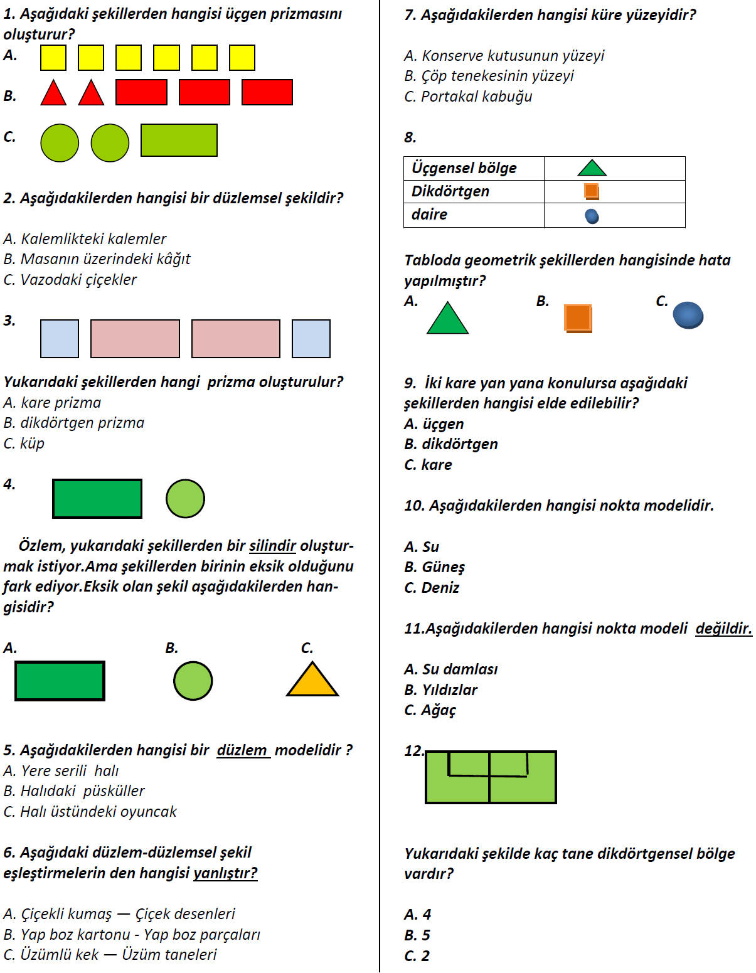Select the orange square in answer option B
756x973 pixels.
578,317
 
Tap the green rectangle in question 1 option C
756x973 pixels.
179,140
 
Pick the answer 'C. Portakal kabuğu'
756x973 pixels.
468,97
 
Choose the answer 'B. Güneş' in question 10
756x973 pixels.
434,567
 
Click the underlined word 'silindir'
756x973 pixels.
272,546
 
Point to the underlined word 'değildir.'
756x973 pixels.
723,629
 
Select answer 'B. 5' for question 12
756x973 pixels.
417,935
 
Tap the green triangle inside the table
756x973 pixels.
592,168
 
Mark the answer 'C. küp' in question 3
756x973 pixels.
24,444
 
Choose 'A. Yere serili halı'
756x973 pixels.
61,771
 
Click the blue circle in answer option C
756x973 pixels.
688,315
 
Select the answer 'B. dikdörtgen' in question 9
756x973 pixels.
451,444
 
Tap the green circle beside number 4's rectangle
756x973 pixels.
185,499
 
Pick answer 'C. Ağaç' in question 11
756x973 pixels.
430,710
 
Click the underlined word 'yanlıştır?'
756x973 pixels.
225,873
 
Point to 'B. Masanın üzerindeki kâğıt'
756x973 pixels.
97,259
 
